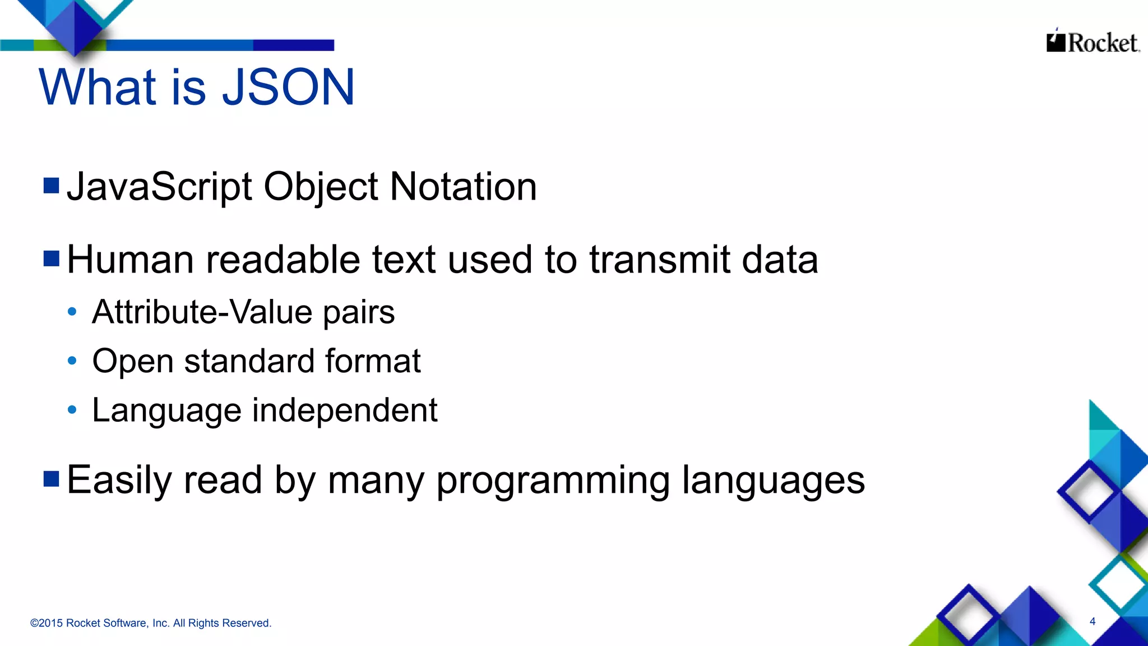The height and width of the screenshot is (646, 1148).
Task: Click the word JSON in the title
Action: pyautogui.click(x=289, y=87)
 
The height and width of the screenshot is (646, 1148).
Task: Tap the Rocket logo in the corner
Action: pyautogui.click(x=1093, y=42)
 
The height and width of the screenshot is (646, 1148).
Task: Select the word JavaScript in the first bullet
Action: pyautogui.click(x=159, y=187)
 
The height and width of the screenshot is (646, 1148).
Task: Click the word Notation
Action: pyautogui.click(x=463, y=187)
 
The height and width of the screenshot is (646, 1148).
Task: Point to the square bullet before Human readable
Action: pyautogui.click(x=52, y=259)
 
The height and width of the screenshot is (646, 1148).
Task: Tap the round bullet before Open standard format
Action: pyautogui.click(x=72, y=361)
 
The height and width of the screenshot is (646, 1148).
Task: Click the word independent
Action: pyautogui.click(x=345, y=410)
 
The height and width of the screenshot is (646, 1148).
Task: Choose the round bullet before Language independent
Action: pyautogui.click(x=72, y=410)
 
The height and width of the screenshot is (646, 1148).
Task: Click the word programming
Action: pyautogui.click(x=553, y=481)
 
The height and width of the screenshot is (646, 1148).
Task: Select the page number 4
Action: pyautogui.click(x=1093, y=621)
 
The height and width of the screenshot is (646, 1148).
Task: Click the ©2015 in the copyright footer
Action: pyautogui.click(x=47, y=623)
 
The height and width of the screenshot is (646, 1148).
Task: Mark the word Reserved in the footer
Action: pyautogui.click(x=247, y=623)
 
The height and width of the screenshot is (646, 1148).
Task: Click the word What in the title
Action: pyautogui.click(x=97, y=87)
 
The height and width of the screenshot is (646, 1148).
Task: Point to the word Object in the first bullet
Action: pyautogui.click(x=321, y=188)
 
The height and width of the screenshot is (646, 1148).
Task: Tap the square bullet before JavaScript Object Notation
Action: pyautogui.click(x=52, y=185)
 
